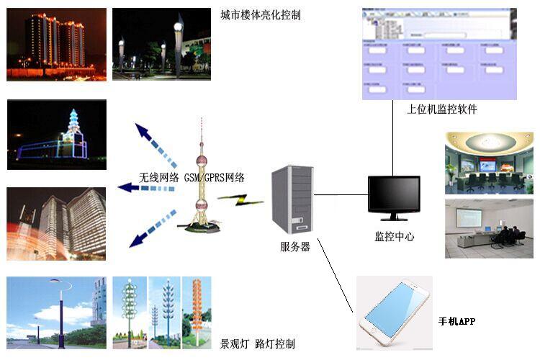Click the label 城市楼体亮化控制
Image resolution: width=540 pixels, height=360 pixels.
pyautogui.click(x=261, y=14)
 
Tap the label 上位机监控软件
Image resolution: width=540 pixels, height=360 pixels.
pyautogui.click(x=442, y=109)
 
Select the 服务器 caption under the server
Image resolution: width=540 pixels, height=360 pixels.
pyautogui.click(x=295, y=246)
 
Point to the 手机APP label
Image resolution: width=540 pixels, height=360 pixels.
pyautogui.click(x=457, y=320)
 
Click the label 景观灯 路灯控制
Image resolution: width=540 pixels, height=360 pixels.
pyautogui.click(x=257, y=344)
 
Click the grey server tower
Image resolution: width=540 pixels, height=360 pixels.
pyautogui.click(x=292, y=199)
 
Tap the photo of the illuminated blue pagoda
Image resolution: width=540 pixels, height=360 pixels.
pyautogui.click(x=57, y=135)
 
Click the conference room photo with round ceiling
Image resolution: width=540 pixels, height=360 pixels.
pyautogui.click(x=489, y=163)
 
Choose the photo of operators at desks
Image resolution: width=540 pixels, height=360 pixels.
pyautogui.click(x=489, y=229)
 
